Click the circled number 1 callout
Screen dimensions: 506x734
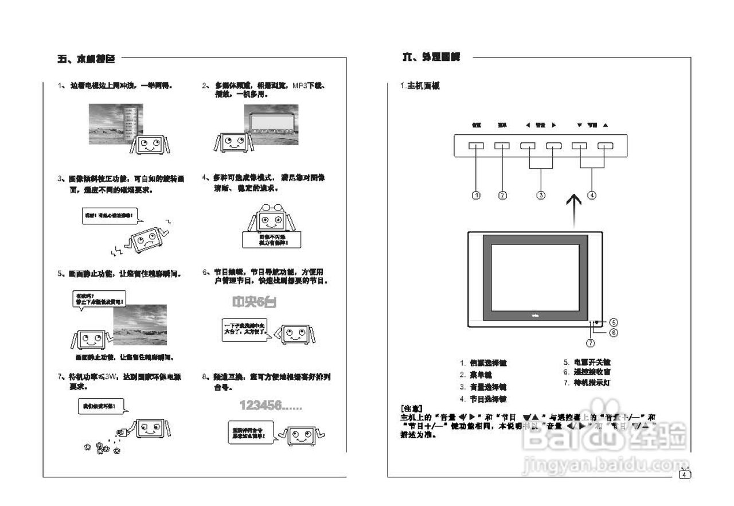(476, 195)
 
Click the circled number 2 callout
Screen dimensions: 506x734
(502, 195)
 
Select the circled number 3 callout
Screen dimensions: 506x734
(541, 195)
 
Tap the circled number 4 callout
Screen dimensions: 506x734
(592, 195)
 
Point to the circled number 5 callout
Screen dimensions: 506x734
(613, 322)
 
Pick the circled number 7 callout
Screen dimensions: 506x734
(591, 342)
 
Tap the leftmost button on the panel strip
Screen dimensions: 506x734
(476, 146)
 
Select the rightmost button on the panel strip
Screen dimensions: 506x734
(605, 146)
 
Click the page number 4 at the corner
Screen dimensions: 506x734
(685, 474)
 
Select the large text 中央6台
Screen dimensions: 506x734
(253, 302)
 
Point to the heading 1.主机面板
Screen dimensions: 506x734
(420, 86)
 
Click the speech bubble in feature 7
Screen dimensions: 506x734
(101, 407)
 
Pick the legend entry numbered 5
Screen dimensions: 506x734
(587, 363)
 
